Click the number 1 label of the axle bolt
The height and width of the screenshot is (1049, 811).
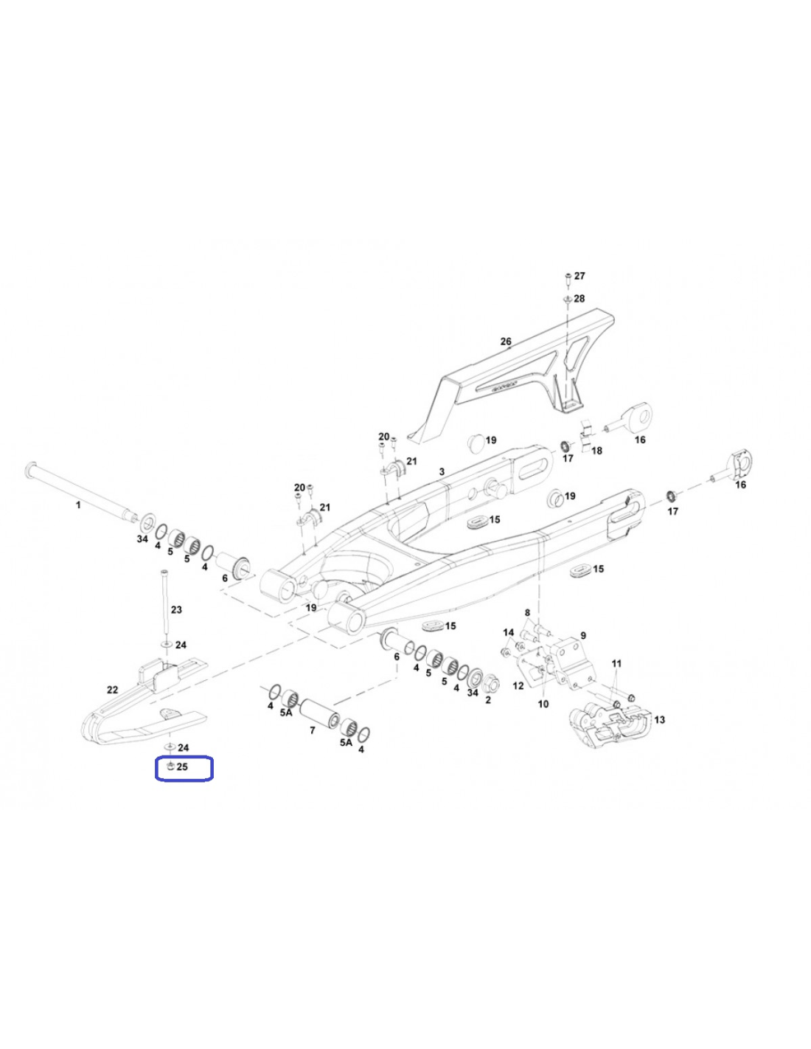78,505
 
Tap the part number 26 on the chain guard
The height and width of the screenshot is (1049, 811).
506,342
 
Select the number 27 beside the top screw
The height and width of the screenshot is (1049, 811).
579,276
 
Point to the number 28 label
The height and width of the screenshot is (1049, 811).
579,298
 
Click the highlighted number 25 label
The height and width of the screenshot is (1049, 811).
182,766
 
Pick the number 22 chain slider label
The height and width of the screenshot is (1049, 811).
112,689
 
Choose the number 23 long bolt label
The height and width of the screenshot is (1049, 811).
177,610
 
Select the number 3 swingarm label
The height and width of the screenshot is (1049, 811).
442,471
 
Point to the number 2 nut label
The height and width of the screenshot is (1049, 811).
488,699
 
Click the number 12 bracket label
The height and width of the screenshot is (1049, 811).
518,685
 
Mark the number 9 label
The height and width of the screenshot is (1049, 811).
582,635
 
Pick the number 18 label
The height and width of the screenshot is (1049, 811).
596,451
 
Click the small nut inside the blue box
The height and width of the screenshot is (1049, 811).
170,766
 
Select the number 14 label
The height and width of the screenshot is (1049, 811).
509,632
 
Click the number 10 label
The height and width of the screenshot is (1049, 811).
543,704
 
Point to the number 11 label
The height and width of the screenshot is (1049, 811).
617,663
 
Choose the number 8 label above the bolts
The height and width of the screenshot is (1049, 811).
527,612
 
